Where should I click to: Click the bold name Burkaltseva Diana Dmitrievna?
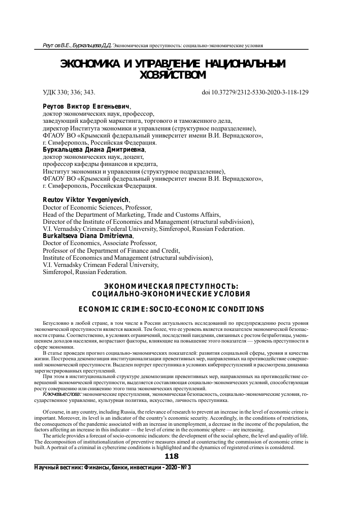tap(87, 236)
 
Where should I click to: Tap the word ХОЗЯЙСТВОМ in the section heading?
tap(173, 76)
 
